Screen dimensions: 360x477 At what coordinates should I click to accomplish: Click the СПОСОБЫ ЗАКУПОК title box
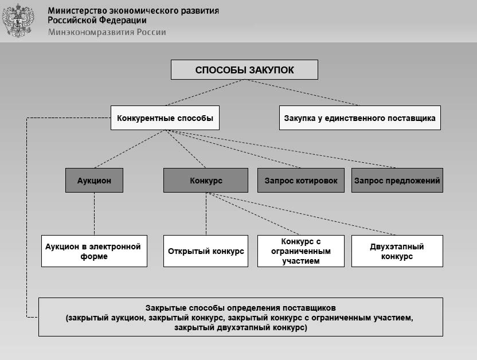[x=244, y=70]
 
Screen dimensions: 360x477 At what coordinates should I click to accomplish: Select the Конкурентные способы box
[x=165, y=118]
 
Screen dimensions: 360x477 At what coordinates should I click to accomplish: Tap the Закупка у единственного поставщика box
[x=359, y=118]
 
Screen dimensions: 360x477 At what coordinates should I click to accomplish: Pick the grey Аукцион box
[x=94, y=180]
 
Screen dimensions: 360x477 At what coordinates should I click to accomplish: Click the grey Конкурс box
[x=206, y=180]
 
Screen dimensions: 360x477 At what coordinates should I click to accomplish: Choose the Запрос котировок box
[x=300, y=180]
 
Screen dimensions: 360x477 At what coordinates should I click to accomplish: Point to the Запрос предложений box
[x=397, y=180]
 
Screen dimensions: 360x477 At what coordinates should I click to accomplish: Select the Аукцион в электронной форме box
[x=94, y=251]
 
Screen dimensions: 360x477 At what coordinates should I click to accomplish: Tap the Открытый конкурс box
[x=206, y=251]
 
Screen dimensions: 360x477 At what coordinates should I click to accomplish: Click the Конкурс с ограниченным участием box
[x=300, y=251]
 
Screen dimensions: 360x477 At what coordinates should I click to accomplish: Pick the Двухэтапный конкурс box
[x=397, y=251]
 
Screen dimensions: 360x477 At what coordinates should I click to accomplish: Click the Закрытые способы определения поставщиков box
[x=240, y=316]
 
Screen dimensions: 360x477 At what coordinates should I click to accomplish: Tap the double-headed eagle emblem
[x=18, y=21]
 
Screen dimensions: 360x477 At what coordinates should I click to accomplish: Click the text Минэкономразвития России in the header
[x=107, y=32]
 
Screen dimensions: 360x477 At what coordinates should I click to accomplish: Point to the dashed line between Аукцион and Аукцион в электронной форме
[x=94, y=213]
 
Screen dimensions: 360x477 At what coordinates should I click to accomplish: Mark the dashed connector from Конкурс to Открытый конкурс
[x=206, y=213]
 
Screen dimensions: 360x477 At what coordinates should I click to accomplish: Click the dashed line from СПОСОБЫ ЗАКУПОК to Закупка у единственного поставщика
[x=302, y=92]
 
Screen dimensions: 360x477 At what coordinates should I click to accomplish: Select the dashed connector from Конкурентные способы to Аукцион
[x=130, y=149]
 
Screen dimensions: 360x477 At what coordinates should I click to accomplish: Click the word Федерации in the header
[x=114, y=21]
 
